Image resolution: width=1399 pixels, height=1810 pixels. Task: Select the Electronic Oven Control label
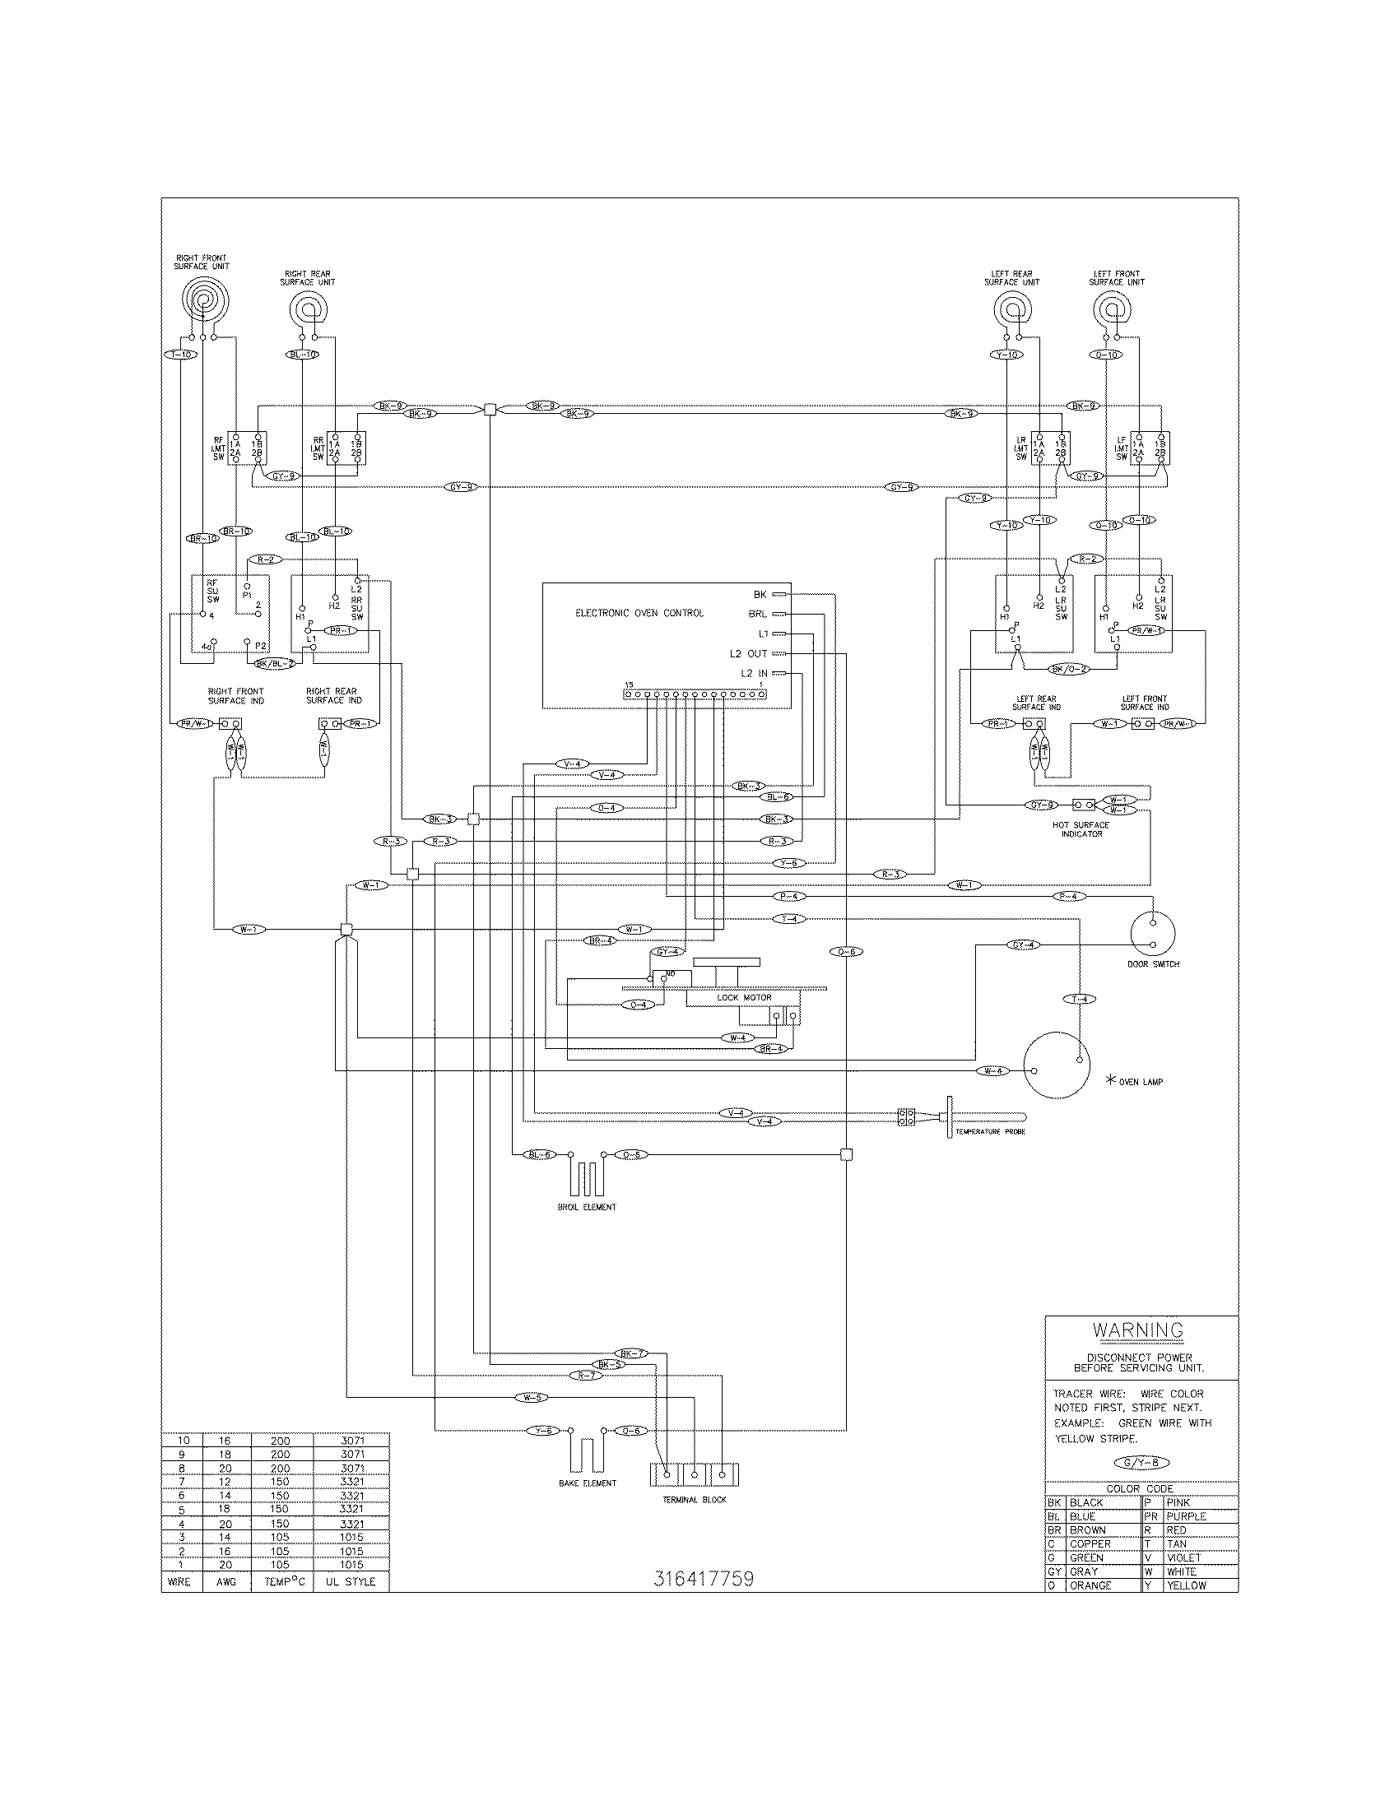coord(639,613)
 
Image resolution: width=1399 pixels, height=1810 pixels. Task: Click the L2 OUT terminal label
coord(746,653)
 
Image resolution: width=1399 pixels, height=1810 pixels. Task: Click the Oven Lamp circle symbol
coord(1056,1065)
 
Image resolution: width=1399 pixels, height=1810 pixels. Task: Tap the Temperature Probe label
coord(989,1131)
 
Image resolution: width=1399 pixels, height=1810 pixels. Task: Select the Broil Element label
coord(587,1207)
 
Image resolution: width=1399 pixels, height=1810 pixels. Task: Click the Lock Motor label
coord(743,998)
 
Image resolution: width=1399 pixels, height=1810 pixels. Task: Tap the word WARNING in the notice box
coord(1137,1330)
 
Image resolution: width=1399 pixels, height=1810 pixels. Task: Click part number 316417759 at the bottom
coord(704,1579)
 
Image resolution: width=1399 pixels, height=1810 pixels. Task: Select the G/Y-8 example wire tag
coord(1141,1463)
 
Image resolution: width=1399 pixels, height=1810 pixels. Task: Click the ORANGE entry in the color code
coord(1089,1585)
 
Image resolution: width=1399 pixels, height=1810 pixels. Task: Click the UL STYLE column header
coord(351,1581)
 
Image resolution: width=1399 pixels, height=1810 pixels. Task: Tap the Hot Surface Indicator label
coord(1081,828)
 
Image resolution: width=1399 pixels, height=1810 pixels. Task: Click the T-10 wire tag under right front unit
coord(180,355)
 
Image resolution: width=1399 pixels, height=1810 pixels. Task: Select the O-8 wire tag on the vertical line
coord(845,952)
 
